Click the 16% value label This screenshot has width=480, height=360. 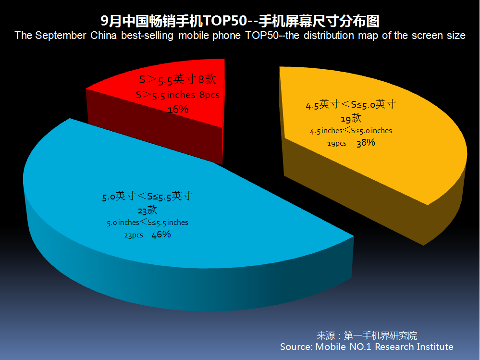pos(178,109)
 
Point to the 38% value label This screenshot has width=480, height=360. pos(366,143)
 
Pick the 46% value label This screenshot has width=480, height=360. pos(161,235)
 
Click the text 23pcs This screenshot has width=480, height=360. pos(134,236)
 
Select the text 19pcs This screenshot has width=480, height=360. pos(337,144)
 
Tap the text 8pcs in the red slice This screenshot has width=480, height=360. pos(209,95)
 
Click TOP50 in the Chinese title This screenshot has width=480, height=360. pos(224,21)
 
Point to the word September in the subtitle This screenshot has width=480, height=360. pos(61,36)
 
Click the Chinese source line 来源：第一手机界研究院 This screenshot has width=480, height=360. pos(367,335)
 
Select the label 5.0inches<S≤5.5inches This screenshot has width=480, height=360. pos(148,223)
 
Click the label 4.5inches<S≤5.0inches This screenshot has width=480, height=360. pos(351,131)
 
